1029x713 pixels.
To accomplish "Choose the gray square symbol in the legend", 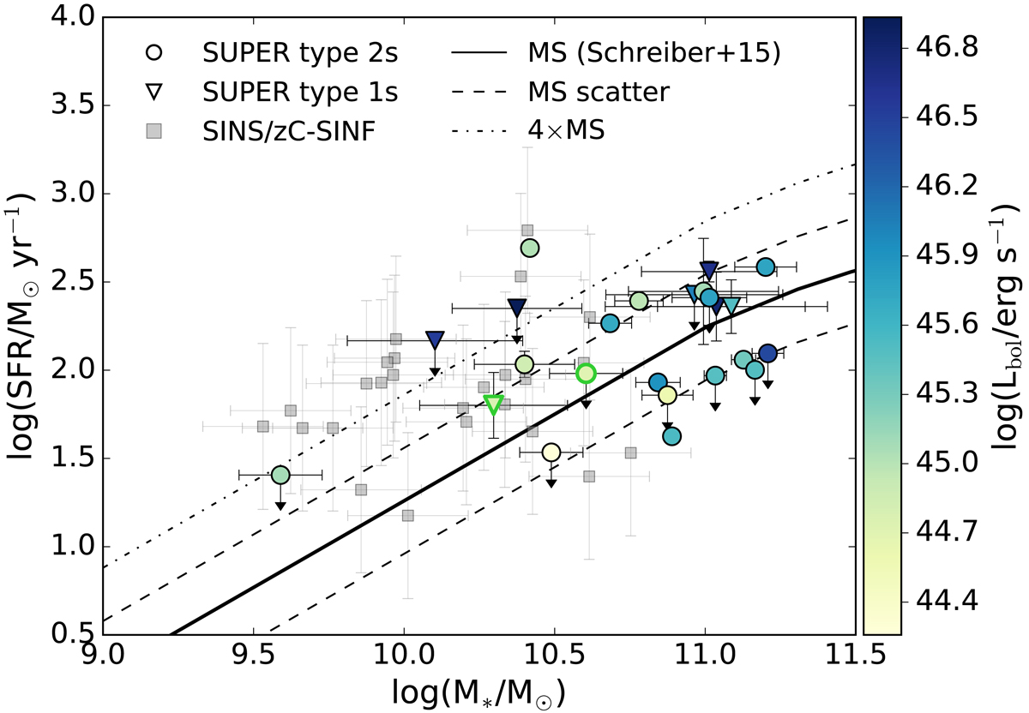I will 155,132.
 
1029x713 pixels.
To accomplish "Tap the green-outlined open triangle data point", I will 493,404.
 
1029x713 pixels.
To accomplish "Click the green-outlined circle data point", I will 586,373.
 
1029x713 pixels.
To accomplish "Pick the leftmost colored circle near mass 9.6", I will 280,475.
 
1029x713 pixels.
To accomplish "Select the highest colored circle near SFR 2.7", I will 529,248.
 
